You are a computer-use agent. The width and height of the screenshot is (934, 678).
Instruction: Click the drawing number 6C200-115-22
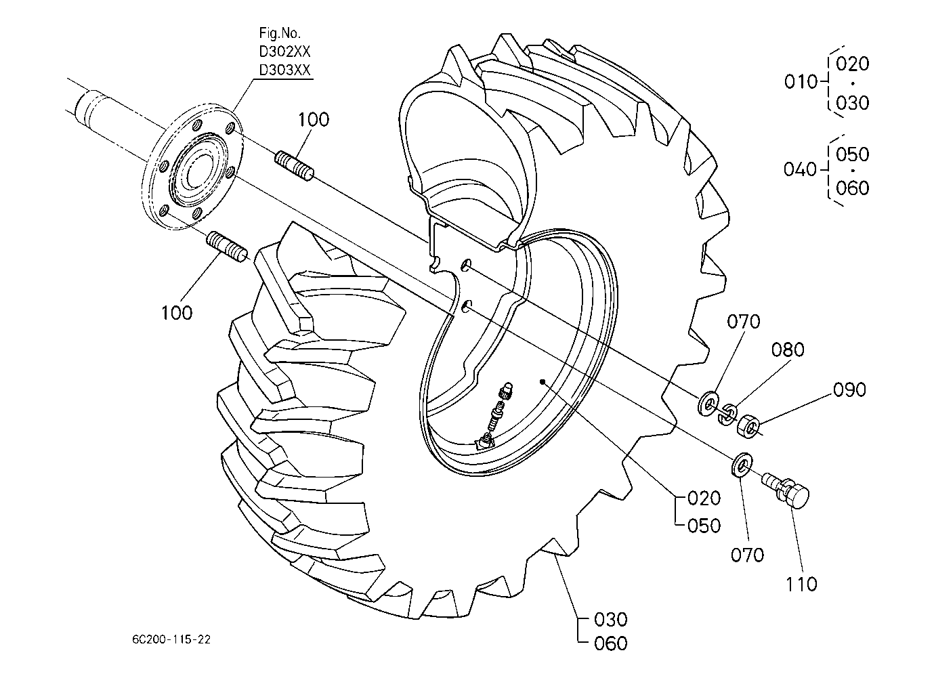171,639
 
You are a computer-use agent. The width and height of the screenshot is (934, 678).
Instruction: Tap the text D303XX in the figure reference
284,70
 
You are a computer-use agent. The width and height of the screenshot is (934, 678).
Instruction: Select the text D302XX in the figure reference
284,51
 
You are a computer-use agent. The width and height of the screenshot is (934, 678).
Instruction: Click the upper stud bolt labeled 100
295,167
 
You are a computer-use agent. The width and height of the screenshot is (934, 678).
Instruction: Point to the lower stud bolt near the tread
228,247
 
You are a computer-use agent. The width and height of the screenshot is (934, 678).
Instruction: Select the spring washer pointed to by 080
727,415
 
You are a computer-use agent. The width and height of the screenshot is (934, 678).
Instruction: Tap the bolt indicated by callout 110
786,491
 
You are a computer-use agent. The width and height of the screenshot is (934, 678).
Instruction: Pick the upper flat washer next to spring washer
708,403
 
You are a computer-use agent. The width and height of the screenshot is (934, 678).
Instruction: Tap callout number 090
849,390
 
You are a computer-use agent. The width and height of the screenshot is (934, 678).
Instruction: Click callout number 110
801,585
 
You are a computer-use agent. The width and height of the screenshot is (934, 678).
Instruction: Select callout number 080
787,350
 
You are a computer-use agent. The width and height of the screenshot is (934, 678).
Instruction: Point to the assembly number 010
801,82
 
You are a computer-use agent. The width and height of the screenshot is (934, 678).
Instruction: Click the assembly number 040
800,169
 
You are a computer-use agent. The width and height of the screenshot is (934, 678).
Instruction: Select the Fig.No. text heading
279,33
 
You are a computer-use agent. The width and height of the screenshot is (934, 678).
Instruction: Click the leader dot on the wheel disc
542,381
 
